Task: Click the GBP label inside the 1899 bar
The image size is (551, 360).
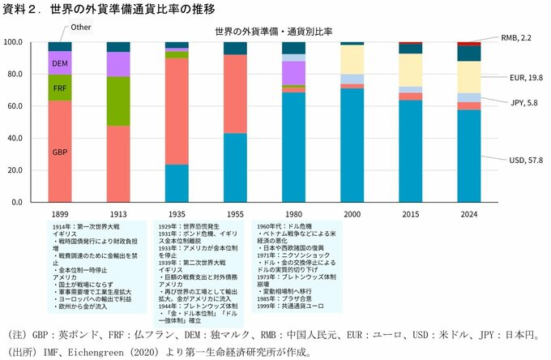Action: click(60, 152)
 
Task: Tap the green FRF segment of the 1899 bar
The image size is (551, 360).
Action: click(60, 88)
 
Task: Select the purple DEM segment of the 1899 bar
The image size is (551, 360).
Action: click(60, 62)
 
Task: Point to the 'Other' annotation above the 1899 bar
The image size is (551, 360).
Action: click(81, 28)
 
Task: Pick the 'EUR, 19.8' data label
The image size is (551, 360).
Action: click(515, 77)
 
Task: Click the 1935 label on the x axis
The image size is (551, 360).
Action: click(177, 214)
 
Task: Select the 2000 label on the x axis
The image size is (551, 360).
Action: click(352, 214)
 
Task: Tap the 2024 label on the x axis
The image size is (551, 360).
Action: click(468, 214)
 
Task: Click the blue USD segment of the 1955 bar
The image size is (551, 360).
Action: click(235, 167)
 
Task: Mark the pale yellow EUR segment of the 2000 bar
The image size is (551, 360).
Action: click(352, 59)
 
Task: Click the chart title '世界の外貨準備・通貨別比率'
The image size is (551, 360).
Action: click(274, 31)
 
